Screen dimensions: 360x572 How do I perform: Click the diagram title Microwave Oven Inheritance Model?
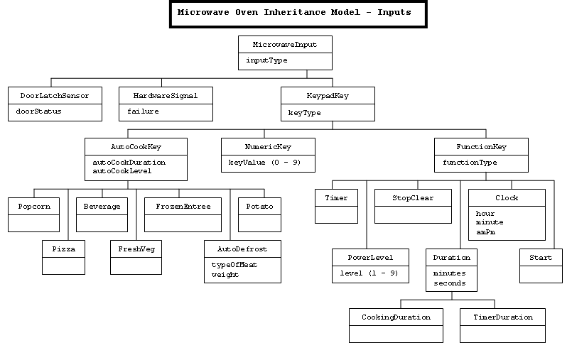tap(299, 13)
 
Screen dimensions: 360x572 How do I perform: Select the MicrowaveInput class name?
tap(284, 44)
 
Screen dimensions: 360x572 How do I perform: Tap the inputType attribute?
tap(266, 60)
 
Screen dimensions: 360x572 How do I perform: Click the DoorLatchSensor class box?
tap(54, 103)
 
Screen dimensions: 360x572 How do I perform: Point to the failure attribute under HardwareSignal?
tap(143, 111)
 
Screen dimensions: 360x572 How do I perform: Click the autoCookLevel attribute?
tap(122, 170)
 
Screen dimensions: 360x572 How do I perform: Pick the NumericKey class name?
tap(268, 146)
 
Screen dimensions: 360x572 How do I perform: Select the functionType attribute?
tap(470, 163)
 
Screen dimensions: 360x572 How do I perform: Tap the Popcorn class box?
tap(33, 214)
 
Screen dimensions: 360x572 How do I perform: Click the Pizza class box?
tap(63, 256)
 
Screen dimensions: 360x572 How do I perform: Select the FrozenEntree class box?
tap(183, 214)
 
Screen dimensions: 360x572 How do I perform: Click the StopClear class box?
tap(413, 206)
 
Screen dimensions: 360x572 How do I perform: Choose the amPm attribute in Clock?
tap(485, 231)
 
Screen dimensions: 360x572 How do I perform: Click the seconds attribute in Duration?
tap(450, 283)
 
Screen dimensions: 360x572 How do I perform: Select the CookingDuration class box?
tap(395, 324)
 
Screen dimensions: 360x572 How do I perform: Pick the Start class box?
tap(541, 266)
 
